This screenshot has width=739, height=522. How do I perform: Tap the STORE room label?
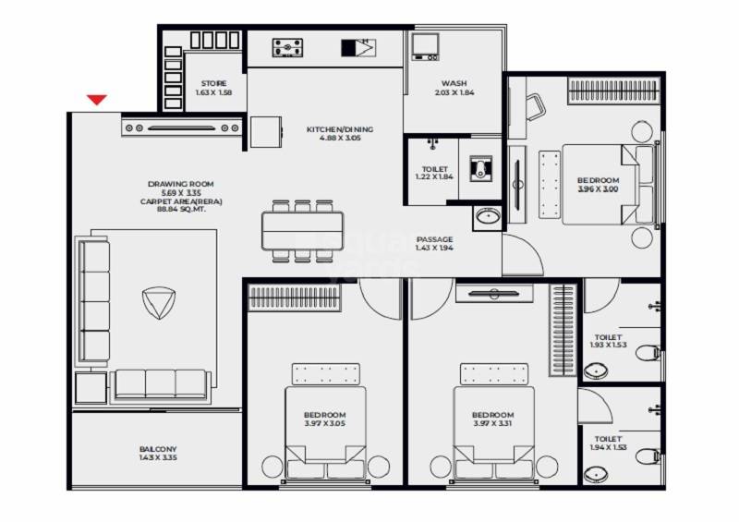(213, 83)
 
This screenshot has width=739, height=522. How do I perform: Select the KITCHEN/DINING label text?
(340, 129)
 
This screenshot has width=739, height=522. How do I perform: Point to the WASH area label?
(454, 83)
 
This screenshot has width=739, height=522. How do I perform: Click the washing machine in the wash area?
(426, 45)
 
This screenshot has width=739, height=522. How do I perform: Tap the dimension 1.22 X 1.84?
(435, 178)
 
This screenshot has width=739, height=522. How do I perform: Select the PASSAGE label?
(434, 239)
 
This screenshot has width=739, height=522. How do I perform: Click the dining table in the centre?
(302, 230)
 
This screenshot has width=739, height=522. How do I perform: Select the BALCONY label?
(155, 450)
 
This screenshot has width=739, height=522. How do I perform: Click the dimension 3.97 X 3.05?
(325, 425)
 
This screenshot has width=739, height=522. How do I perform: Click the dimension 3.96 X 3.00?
(598, 189)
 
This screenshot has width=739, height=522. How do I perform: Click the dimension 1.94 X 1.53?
(608, 448)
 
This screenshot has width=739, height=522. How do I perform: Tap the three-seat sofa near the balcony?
(160, 384)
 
